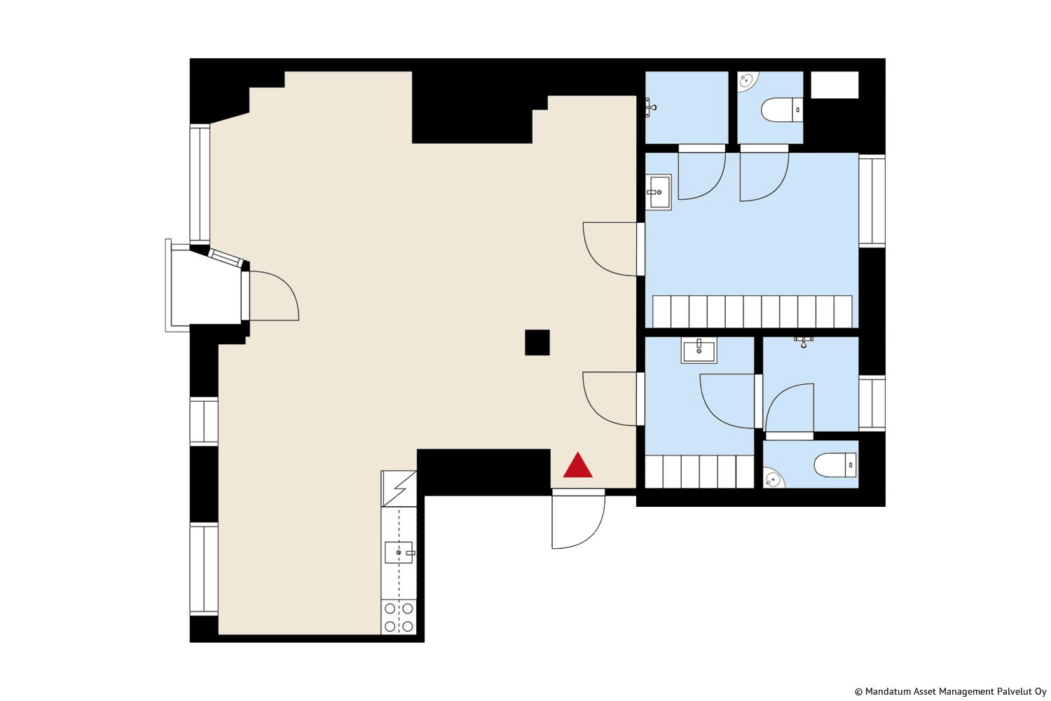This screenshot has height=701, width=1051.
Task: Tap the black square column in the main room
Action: [537, 342]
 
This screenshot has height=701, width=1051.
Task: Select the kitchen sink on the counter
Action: [399, 552]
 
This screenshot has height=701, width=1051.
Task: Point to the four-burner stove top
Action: [399, 617]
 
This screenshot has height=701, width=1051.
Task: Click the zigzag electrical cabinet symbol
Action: [399, 489]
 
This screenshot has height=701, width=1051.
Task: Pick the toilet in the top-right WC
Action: [782, 110]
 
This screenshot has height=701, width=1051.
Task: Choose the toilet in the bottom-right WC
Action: [835, 465]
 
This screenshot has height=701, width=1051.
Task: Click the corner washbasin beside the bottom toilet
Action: [773, 479]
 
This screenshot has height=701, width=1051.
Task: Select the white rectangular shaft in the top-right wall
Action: [834, 85]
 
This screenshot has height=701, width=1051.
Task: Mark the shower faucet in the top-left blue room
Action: [650, 107]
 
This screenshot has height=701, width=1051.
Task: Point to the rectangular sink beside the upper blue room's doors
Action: [659, 192]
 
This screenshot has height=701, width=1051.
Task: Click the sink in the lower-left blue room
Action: [699, 351]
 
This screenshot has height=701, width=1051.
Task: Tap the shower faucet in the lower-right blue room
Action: [803, 341]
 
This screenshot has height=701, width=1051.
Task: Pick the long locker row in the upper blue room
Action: [752, 311]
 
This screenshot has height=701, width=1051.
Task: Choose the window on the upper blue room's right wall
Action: [872, 201]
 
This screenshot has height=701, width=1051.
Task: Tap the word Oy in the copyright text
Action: [1040, 692]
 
